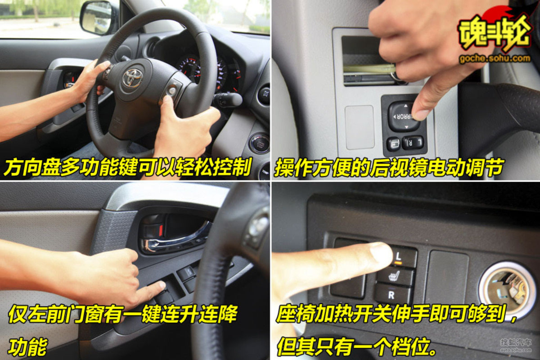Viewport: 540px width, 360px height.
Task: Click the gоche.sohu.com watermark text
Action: [495, 59]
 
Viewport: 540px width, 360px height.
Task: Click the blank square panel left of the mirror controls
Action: [360, 127]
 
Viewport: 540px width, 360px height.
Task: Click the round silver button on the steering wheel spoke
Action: [172, 90]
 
